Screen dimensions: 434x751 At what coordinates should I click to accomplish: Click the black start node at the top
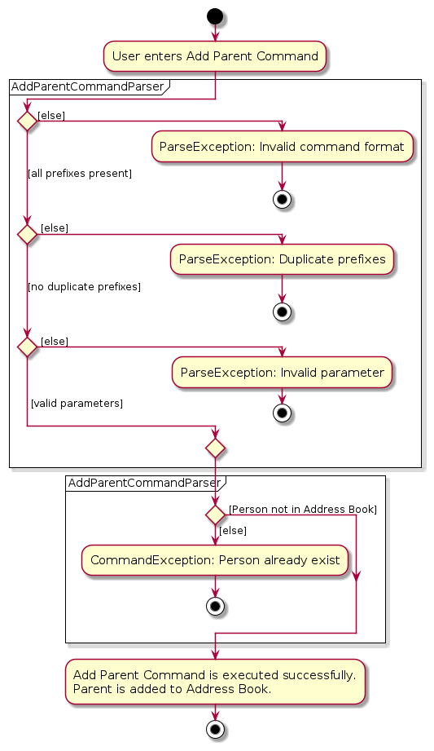point(215,16)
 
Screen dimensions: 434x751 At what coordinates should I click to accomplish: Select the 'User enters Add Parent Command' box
point(215,56)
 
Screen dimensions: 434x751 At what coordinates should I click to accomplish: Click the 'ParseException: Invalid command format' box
point(282,146)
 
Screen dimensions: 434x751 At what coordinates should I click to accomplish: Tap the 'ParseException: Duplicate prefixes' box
point(282,259)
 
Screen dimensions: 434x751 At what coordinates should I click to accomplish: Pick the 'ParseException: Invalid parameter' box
point(282,372)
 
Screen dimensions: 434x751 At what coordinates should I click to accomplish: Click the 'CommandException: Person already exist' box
point(215,560)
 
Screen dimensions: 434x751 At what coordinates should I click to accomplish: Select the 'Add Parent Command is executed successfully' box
point(215,682)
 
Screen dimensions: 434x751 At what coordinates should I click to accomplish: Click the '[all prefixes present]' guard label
point(80,174)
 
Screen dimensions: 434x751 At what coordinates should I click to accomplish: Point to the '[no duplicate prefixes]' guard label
point(84,287)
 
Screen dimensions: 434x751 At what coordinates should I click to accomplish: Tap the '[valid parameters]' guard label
point(77,404)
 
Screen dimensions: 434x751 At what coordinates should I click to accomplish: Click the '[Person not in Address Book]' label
point(303,509)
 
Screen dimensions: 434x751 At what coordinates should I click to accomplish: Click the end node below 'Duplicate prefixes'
point(282,312)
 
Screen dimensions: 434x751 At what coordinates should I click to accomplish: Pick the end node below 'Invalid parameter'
point(282,413)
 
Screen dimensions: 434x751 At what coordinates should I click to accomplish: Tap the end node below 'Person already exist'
point(215,607)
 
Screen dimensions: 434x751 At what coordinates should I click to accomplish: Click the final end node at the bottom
point(215,730)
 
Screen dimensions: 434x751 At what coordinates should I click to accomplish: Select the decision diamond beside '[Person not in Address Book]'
point(215,515)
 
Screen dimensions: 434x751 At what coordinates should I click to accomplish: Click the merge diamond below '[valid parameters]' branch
point(215,448)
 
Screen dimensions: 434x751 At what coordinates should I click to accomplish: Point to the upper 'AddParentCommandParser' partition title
point(88,86)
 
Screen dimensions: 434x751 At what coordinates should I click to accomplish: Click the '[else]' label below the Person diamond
point(233,531)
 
